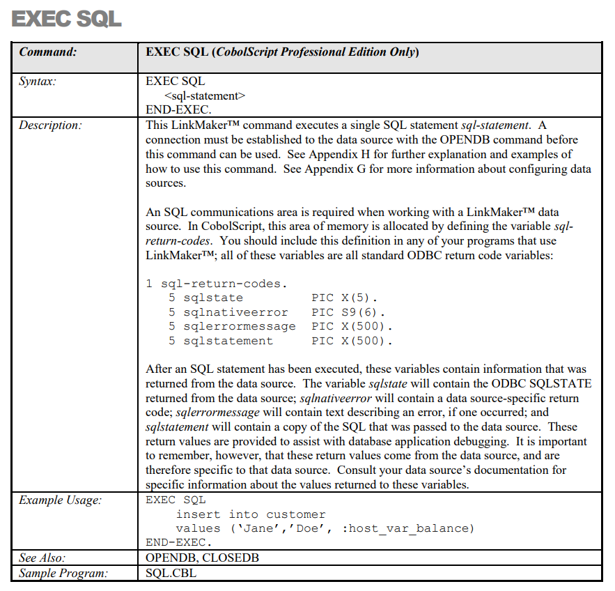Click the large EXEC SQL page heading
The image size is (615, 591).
[x=67, y=19]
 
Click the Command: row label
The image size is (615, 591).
[x=47, y=52]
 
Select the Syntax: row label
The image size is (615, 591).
[x=38, y=82]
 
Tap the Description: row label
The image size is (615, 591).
[x=50, y=125]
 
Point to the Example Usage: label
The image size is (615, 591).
[x=59, y=500]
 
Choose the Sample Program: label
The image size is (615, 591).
[x=63, y=573]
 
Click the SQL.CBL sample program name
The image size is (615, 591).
[x=169, y=573]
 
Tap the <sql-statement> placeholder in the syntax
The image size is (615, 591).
[x=205, y=95]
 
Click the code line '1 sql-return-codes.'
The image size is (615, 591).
[x=217, y=284]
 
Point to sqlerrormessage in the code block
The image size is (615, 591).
[x=240, y=326]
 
